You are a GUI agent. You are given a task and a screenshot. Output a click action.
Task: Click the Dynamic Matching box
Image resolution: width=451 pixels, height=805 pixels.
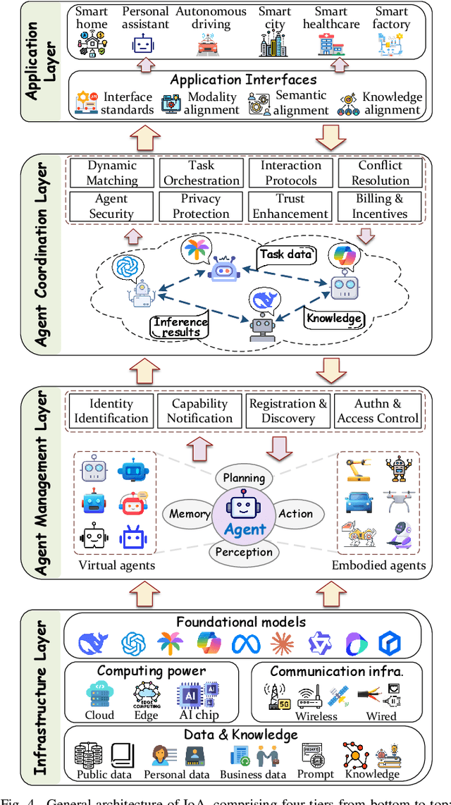[x=112, y=173]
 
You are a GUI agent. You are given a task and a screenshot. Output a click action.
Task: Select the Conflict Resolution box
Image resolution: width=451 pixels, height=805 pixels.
[x=381, y=173]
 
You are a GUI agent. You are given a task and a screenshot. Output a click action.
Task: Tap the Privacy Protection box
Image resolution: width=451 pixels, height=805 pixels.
[x=201, y=207]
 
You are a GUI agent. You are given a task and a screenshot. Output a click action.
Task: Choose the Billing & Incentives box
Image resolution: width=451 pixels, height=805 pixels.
[x=381, y=207]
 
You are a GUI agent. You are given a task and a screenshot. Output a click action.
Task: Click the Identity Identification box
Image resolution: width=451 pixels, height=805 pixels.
[x=111, y=411]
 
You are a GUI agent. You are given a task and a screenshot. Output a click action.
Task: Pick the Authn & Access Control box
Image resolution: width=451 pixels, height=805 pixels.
[x=378, y=411]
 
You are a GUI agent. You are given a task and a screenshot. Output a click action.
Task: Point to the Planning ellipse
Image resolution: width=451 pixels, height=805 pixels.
[x=244, y=478]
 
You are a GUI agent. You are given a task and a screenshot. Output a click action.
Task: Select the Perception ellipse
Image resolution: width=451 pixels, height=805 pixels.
[x=243, y=551]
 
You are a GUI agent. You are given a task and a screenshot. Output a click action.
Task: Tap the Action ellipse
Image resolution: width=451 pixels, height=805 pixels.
[x=296, y=514]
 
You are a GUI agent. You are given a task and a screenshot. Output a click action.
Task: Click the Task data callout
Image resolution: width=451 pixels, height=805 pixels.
[x=286, y=254]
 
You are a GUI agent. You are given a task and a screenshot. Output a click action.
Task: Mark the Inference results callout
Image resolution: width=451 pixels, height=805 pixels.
[x=180, y=326]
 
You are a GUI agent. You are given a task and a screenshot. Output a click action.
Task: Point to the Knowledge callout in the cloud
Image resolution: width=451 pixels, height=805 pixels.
[x=334, y=318]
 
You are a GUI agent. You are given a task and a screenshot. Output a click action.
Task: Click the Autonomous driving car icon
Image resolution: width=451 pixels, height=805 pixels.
[x=211, y=45]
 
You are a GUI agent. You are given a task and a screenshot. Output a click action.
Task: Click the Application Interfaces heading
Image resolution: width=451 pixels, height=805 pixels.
[x=243, y=80]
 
